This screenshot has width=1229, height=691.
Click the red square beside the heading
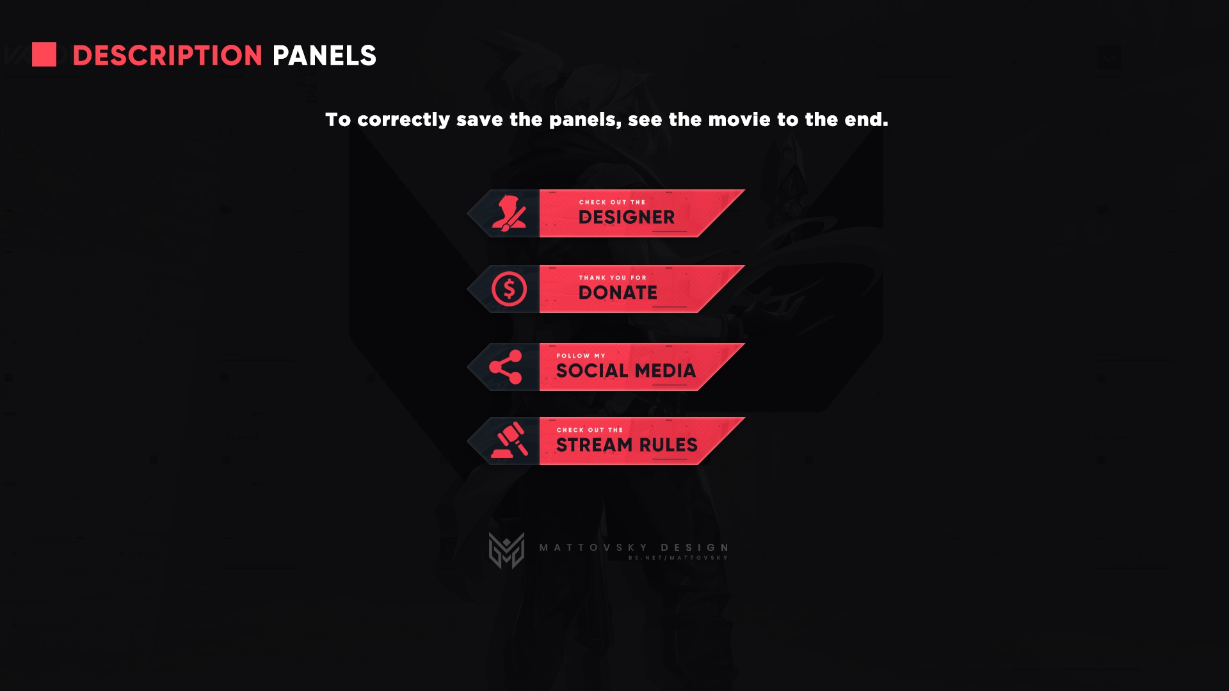pyautogui.click(x=44, y=54)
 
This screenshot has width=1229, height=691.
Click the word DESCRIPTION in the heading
pyautogui.click(x=168, y=56)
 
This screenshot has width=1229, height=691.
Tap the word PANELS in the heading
pyautogui.click(x=325, y=56)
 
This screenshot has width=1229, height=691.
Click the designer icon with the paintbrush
pyautogui.click(x=509, y=213)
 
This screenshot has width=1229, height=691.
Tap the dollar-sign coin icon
pyautogui.click(x=509, y=289)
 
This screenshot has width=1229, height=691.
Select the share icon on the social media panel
pyautogui.click(x=506, y=367)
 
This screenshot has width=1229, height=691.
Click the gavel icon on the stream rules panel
pyautogui.click(x=510, y=440)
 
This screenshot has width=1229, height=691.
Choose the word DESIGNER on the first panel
pyautogui.click(x=627, y=218)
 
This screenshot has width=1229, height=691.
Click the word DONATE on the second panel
pyautogui.click(x=618, y=292)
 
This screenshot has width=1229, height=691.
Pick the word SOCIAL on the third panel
pyautogui.click(x=592, y=370)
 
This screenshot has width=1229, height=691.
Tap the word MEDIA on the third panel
pyautogui.click(x=665, y=370)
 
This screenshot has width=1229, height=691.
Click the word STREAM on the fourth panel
pyautogui.click(x=594, y=445)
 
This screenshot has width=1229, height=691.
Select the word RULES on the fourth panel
pyautogui.click(x=668, y=445)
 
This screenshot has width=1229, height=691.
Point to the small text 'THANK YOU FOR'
pyautogui.click(x=613, y=278)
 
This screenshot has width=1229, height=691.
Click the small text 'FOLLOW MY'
pyautogui.click(x=581, y=356)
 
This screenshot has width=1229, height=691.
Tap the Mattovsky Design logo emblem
pyautogui.click(x=506, y=550)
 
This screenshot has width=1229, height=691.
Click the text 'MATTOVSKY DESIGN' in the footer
pyautogui.click(x=634, y=548)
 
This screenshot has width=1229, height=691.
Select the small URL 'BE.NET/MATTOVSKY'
pyautogui.click(x=678, y=558)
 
